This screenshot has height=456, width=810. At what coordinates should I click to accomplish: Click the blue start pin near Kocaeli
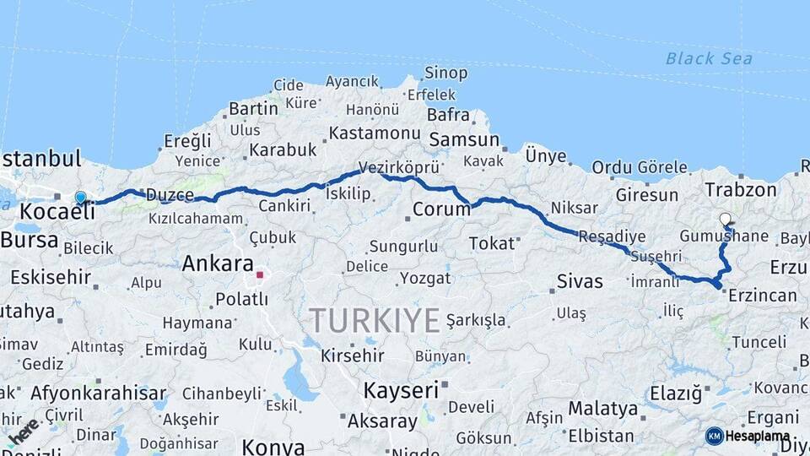[80, 198]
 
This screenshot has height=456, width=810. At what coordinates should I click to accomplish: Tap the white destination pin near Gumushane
[726, 219]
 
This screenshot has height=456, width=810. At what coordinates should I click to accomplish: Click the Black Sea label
[709, 58]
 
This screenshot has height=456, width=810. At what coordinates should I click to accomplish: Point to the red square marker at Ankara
[260, 274]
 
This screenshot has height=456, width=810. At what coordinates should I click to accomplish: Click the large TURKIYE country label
[374, 321]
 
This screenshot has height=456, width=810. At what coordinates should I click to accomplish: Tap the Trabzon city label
[741, 190]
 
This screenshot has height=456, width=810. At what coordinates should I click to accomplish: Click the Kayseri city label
[401, 391]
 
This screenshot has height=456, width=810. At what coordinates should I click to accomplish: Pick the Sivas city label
[580, 281]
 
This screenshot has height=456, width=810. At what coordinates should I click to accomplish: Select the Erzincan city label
[762, 296]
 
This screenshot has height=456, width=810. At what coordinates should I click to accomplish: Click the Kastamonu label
[374, 133]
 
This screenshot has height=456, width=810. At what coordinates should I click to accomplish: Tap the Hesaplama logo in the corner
[754, 436]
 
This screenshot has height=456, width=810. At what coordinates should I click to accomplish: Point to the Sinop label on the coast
[445, 73]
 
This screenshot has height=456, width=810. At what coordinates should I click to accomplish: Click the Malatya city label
[602, 409]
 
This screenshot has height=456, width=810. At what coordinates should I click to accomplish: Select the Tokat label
[491, 243]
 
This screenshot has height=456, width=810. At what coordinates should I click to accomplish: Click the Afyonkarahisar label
[98, 393]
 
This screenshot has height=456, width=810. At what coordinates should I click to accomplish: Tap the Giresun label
[647, 195]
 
